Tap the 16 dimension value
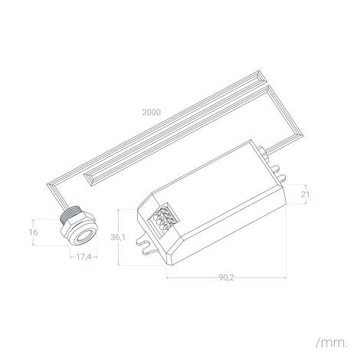[32, 231]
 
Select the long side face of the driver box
[230, 230]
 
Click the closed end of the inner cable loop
[87, 177]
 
